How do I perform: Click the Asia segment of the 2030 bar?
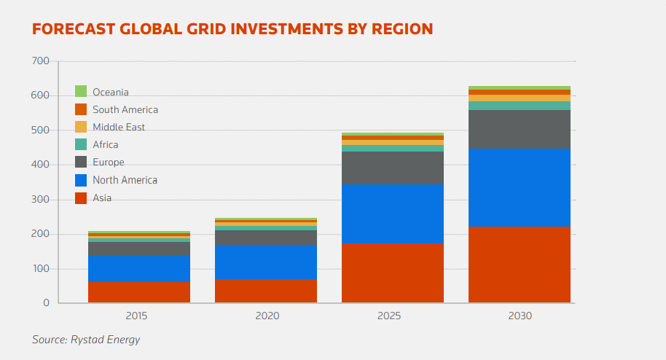click(520, 265)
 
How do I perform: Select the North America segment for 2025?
click(393, 214)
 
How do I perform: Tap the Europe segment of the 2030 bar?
click(520, 129)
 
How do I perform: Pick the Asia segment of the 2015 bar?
click(139, 292)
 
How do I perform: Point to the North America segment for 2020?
click(266, 262)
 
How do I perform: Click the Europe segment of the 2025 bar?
click(393, 168)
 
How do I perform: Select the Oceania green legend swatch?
click(81, 92)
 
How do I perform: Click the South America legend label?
click(125, 110)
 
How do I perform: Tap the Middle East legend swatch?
click(81, 127)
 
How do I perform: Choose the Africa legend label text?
click(105, 145)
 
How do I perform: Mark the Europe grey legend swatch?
click(81, 162)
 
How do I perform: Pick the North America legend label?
click(125, 180)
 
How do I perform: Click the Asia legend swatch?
click(81, 197)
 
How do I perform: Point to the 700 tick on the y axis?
click(41, 61)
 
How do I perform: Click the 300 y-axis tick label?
click(41, 200)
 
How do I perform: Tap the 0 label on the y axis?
click(45, 302)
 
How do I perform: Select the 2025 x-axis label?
click(393, 316)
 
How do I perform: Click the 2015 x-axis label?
click(139, 316)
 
